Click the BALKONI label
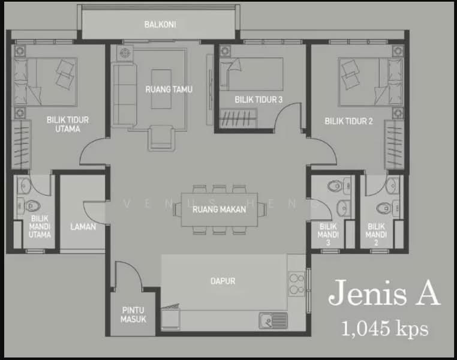[x=160, y=25]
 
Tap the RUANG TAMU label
[x=169, y=89]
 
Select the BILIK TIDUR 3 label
[x=258, y=100]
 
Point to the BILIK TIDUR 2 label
[x=348, y=121]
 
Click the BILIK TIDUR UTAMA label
[x=68, y=124]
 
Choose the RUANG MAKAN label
[x=219, y=209]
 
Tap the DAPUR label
[x=223, y=281]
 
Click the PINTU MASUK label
[x=133, y=315]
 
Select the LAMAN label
[x=83, y=226]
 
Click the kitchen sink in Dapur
[x=273, y=320]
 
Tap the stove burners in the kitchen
[x=296, y=284]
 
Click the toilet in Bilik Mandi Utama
[x=31, y=206]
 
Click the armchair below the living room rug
[x=161, y=138]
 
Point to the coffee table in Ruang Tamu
[x=161, y=89]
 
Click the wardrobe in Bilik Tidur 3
[x=238, y=118]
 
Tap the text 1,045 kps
[x=384, y=329]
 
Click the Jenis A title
[x=384, y=292]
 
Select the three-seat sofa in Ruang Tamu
[x=125, y=95]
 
